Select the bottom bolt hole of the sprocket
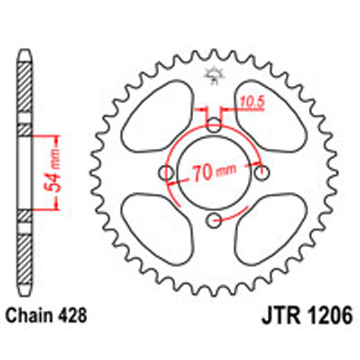pos(214,221)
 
